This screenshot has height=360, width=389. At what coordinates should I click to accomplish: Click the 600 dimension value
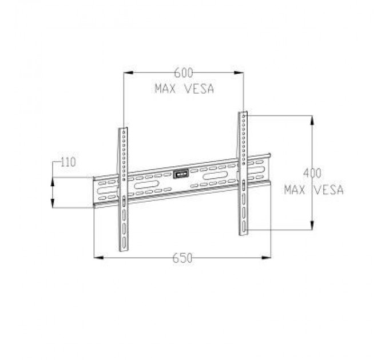point(184,73)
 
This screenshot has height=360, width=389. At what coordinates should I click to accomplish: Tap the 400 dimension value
point(312,173)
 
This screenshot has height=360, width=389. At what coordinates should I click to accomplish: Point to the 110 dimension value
point(68,162)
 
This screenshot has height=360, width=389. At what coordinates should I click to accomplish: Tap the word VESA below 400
point(330,190)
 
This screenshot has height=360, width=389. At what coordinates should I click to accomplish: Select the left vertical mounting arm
point(124,189)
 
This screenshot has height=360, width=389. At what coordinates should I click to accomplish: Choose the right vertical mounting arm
point(243,171)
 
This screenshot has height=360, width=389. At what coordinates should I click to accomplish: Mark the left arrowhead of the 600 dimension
point(128,72)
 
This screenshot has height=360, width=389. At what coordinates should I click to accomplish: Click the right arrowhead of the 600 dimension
point(240,72)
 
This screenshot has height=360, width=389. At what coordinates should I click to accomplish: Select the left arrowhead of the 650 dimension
point(98,258)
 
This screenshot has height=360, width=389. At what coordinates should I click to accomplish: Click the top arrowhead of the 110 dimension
point(53,181)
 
